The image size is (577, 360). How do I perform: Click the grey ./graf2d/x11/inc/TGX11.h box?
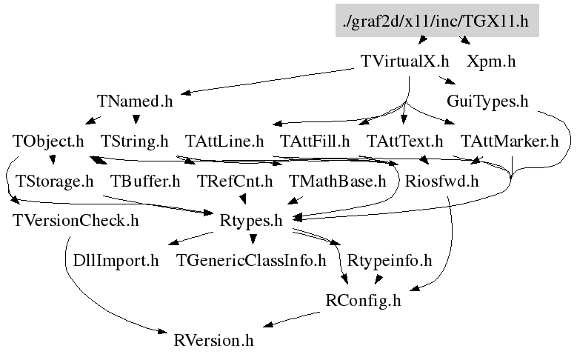[x=436, y=21]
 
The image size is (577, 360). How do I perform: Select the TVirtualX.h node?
[x=404, y=61]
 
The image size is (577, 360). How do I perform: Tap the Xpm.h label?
[x=491, y=61]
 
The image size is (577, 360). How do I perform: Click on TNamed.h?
[x=135, y=101]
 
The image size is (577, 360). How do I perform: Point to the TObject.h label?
[x=48, y=141]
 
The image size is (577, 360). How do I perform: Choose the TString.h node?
[x=134, y=141]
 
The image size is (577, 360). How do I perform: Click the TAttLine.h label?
[x=224, y=141]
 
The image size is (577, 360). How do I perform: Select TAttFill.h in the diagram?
[x=315, y=141]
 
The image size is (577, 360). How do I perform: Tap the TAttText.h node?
[x=404, y=141]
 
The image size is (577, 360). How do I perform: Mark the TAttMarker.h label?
[x=509, y=141]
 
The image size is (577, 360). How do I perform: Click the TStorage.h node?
[x=54, y=180]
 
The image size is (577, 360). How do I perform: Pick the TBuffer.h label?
[x=145, y=180]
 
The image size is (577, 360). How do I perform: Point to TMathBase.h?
[x=338, y=180]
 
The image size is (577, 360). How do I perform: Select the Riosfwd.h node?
[x=442, y=180]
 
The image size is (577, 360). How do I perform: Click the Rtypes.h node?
[x=252, y=220]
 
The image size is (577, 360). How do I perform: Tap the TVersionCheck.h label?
[x=76, y=220]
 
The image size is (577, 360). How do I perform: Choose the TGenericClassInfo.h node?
[x=251, y=260]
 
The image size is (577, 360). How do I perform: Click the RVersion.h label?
[x=214, y=341]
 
